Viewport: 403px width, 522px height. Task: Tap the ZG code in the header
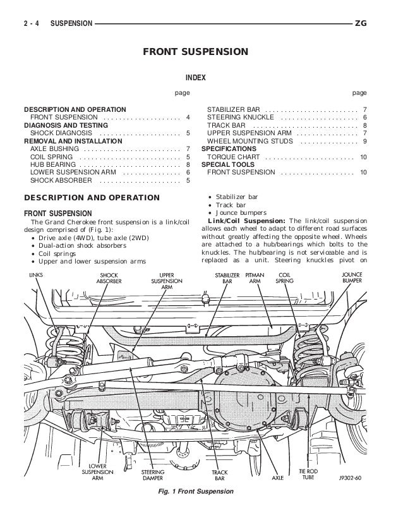pos(361,24)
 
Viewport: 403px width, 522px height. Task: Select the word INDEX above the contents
pos(201,78)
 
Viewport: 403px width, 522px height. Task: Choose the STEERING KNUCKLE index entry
pos(241,118)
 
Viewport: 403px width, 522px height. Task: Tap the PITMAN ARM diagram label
pos(255,279)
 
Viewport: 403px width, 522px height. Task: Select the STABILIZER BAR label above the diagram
pos(227,279)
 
